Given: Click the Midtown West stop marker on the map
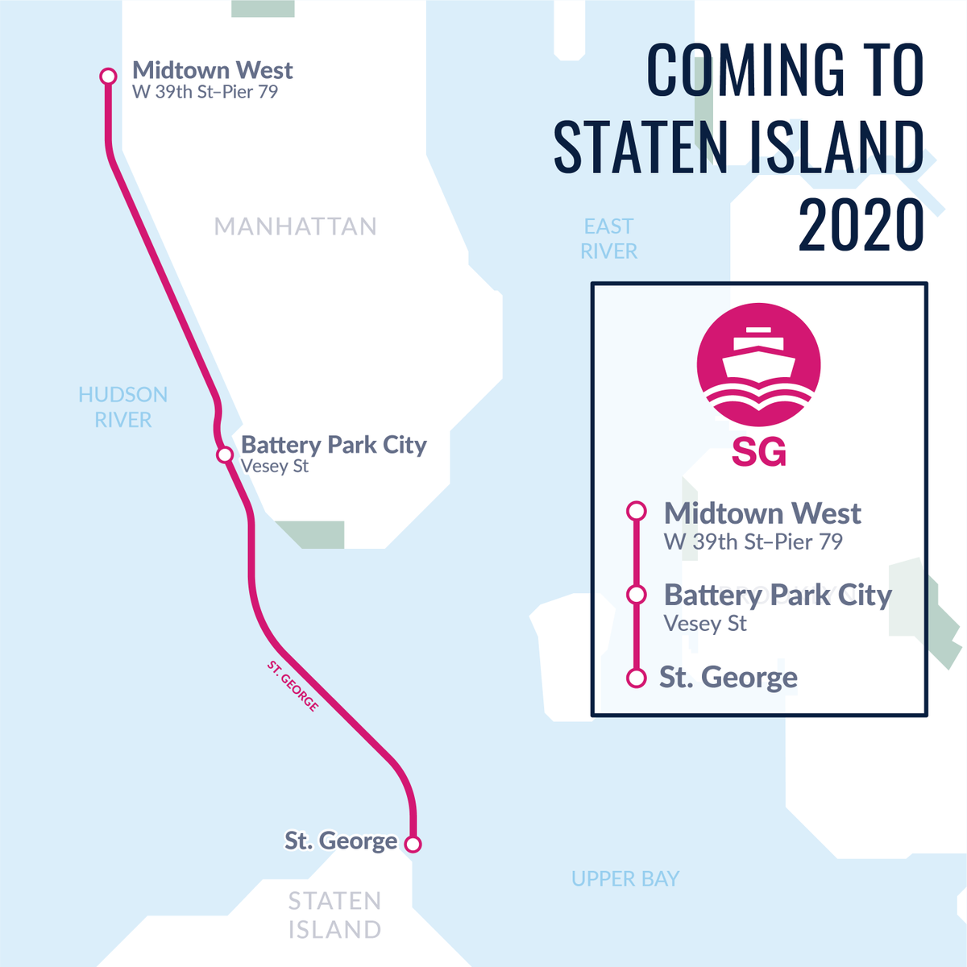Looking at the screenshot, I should tap(108, 76).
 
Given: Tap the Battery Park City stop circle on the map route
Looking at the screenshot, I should tap(225, 455).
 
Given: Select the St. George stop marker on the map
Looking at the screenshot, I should tap(413, 844).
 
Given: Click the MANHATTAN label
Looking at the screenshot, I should tap(295, 226).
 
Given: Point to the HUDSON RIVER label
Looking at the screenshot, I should tap(123, 407).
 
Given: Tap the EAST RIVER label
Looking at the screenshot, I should tap(608, 239).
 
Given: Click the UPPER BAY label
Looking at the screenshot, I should tap(625, 878).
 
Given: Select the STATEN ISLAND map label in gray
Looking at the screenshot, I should tap(334, 915).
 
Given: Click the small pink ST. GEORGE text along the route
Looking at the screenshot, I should tap(293, 686).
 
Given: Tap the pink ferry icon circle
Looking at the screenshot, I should tap(758, 364).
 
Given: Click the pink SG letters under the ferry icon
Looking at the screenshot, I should tap(758, 453).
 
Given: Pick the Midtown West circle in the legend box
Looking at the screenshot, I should tap(637, 511).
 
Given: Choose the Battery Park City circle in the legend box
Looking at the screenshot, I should tap(637, 595).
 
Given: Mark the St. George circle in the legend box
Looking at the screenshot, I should tap(637, 678).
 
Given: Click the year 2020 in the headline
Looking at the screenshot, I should tap(861, 225).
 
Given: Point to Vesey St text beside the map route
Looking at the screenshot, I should tap(275, 467).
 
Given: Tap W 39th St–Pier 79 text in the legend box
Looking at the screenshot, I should tap(753, 542).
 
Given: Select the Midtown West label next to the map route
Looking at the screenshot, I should tap(212, 70).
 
